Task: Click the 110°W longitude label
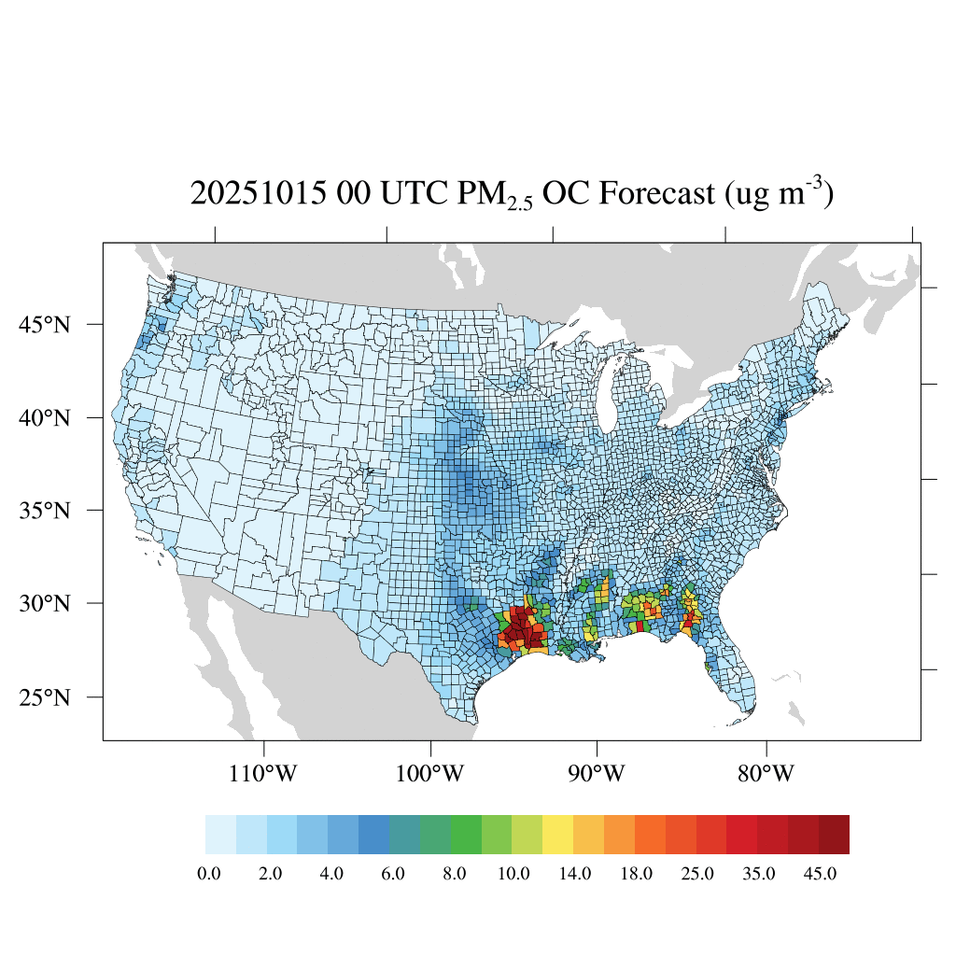click(264, 774)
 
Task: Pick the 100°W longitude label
click(431, 774)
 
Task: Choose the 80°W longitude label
click(766, 774)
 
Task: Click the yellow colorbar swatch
click(558, 835)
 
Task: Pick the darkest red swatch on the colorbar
click(834, 835)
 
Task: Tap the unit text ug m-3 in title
click(775, 194)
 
